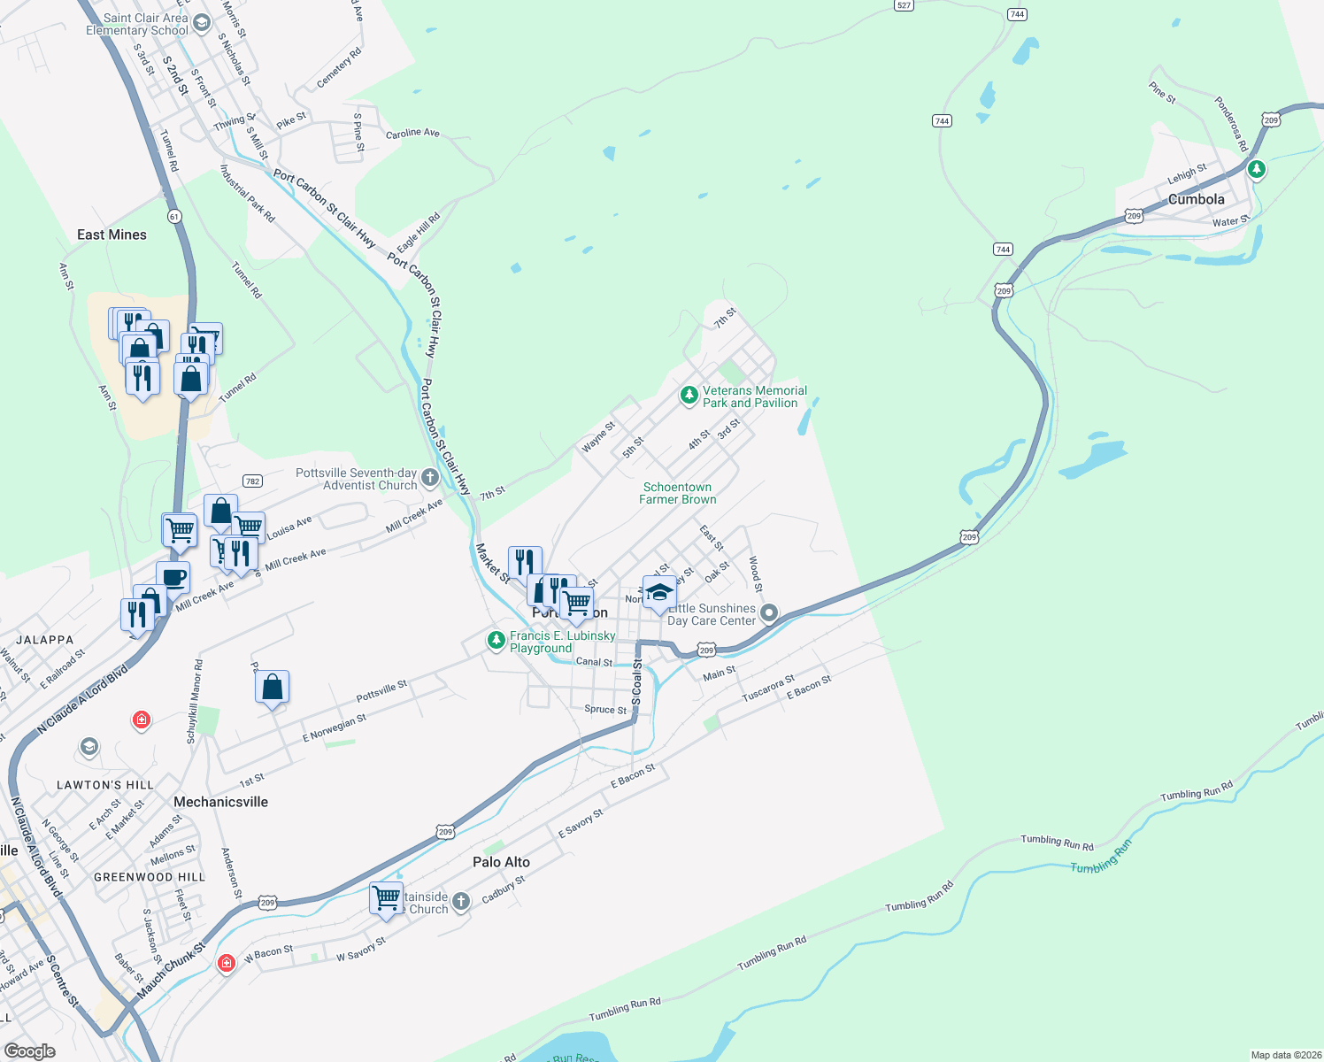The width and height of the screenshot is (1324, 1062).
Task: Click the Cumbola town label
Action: [x=1197, y=200]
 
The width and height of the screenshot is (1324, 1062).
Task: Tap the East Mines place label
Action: [x=112, y=235]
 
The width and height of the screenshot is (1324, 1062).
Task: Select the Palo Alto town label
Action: [x=501, y=862]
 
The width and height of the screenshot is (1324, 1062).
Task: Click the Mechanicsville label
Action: [x=220, y=802]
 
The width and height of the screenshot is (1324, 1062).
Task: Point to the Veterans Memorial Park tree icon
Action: [x=689, y=395]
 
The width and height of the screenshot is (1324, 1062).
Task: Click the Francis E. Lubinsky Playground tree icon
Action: [x=496, y=640]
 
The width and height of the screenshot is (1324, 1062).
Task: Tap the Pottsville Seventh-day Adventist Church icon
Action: [x=430, y=478]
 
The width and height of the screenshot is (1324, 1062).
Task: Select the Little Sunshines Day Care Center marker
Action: [x=769, y=612]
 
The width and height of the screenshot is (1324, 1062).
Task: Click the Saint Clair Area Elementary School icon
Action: [x=202, y=23]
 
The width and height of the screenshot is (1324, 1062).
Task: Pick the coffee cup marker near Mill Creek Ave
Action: [x=173, y=578]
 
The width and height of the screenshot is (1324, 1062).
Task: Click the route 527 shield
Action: [x=904, y=5]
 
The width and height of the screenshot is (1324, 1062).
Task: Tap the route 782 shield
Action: [x=252, y=481]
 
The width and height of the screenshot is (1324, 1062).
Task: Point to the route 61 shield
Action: [x=173, y=216]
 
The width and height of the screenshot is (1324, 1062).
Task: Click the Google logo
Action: [x=29, y=1051]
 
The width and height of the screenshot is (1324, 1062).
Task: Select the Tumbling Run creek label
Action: [x=1101, y=858]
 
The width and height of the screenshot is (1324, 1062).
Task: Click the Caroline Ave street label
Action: [x=412, y=134]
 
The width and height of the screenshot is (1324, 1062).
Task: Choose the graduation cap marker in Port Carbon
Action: [x=658, y=592]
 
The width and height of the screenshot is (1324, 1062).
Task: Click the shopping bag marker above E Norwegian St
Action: [x=273, y=687]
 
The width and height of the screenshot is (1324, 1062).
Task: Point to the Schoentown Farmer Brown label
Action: [x=678, y=494]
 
